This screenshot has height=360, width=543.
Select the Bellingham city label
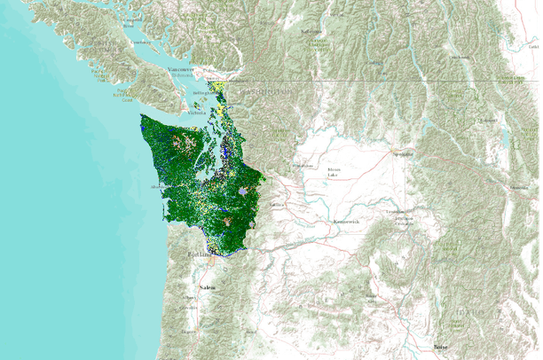[x=204, y=92]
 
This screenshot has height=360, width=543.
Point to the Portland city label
[x=198, y=255]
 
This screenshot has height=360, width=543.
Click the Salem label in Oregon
[x=207, y=289]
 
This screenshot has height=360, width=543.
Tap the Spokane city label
[x=404, y=153]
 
